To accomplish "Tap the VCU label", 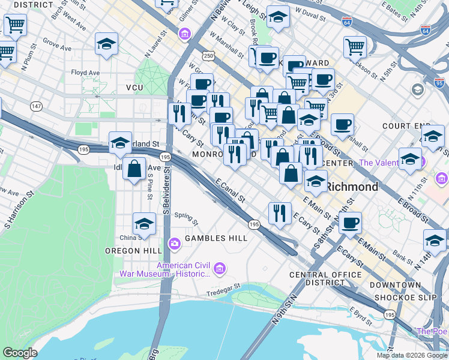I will (134, 88).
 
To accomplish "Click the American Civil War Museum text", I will (184, 270).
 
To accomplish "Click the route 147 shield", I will (37, 106).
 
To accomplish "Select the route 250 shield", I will (208, 56).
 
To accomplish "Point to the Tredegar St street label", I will (223, 287).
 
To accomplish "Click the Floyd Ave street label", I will (85, 73).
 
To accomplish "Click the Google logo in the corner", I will (20, 353).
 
